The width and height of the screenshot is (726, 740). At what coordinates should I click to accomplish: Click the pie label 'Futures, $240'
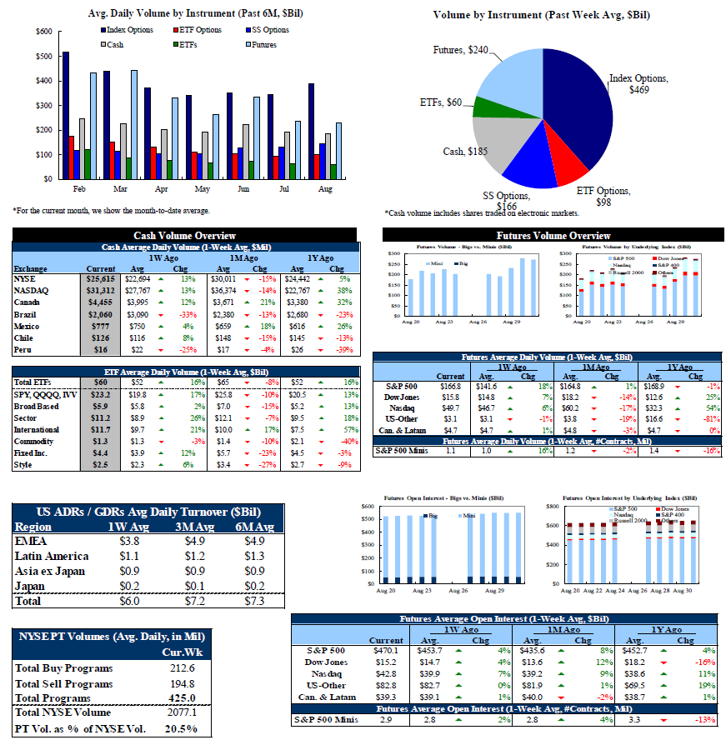[x=461, y=51]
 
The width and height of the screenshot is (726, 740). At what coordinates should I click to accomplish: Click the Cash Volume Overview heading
[x=184, y=236]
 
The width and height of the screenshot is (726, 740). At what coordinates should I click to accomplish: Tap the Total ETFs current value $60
[x=100, y=382]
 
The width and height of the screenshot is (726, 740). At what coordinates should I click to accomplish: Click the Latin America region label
[x=52, y=556]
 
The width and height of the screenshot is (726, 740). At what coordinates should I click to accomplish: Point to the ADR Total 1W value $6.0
[x=129, y=600]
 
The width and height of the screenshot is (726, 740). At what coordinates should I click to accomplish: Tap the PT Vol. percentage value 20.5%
[x=181, y=727]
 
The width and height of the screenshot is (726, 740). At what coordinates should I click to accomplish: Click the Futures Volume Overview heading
[x=553, y=236]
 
